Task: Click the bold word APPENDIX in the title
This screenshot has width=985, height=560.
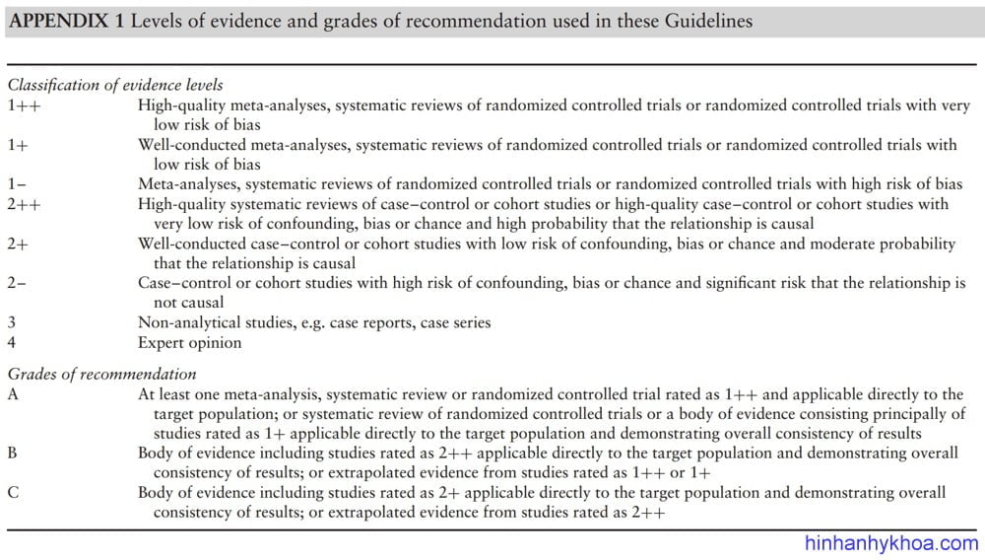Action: pyautogui.click(x=55, y=21)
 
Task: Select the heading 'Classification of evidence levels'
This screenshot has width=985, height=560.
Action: pyautogui.click(x=115, y=86)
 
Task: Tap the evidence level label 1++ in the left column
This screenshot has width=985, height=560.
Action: pyautogui.click(x=24, y=105)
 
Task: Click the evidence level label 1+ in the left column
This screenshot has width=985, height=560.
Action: pyautogui.click(x=19, y=145)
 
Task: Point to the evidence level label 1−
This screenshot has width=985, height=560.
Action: pyautogui.click(x=18, y=184)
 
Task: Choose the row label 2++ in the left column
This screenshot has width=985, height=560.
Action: pyautogui.click(x=24, y=204)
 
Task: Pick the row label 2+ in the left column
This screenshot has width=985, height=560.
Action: pyautogui.click(x=19, y=244)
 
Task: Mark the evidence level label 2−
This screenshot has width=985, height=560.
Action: pyautogui.click(x=18, y=283)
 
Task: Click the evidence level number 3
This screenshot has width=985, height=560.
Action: pyautogui.click(x=13, y=322)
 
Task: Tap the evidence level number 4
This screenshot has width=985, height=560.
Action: pyautogui.click(x=13, y=342)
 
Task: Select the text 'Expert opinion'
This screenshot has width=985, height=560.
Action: pyautogui.click(x=187, y=342)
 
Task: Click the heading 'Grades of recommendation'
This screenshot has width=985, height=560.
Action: pyautogui.click(x=102, y=374)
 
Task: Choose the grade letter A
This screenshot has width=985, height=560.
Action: pyautogui.click(x=14, y=393)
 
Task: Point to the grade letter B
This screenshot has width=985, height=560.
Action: pyautogui.click(x=13, y=453)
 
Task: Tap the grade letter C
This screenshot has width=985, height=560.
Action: pyautogui.click(x=13, y=492)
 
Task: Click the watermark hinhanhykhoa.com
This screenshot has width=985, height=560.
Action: pyautogui.click(x=891, y=543)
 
